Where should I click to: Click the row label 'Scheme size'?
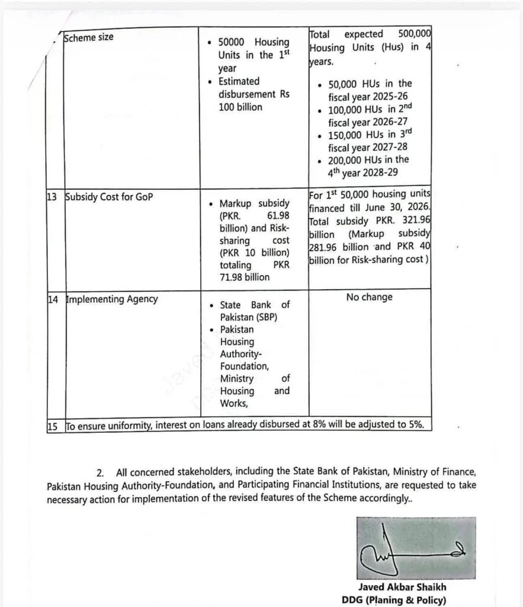(x=88, y=37)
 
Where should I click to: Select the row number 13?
(x=52, y=197)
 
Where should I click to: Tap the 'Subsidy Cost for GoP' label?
(x=108, y=197)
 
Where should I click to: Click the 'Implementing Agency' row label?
(x=111, y=299)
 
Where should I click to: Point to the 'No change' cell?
(x=369, y=297)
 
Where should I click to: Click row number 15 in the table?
(x=53, y=426)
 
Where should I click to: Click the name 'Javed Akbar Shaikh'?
(x=402, y=587)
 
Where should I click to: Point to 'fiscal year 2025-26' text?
(x=368, y=97)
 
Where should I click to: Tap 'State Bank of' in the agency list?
(x=255, y=305)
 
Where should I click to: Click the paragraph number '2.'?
(x=101, y=472)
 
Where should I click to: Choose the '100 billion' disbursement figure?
(x=240, y=107)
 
